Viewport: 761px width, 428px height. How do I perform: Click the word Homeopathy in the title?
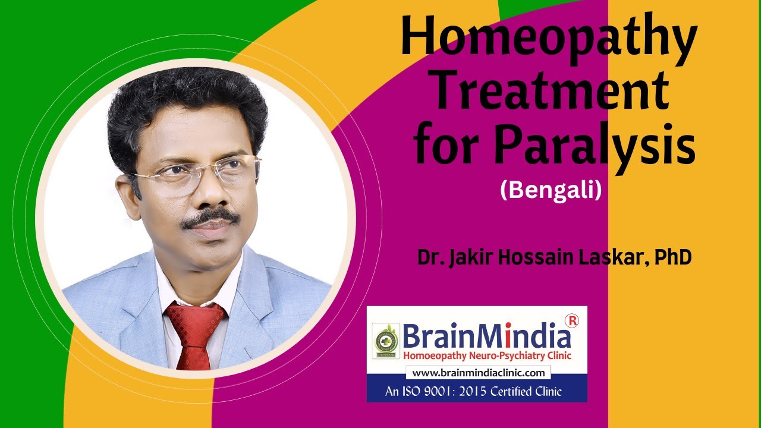(x=548, y=37)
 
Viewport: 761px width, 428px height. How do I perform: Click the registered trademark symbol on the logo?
(x=574, y=321)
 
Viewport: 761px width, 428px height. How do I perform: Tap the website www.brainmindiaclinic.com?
(x=478, y=373)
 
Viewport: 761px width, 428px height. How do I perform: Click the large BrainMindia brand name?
(x=486, y=336)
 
